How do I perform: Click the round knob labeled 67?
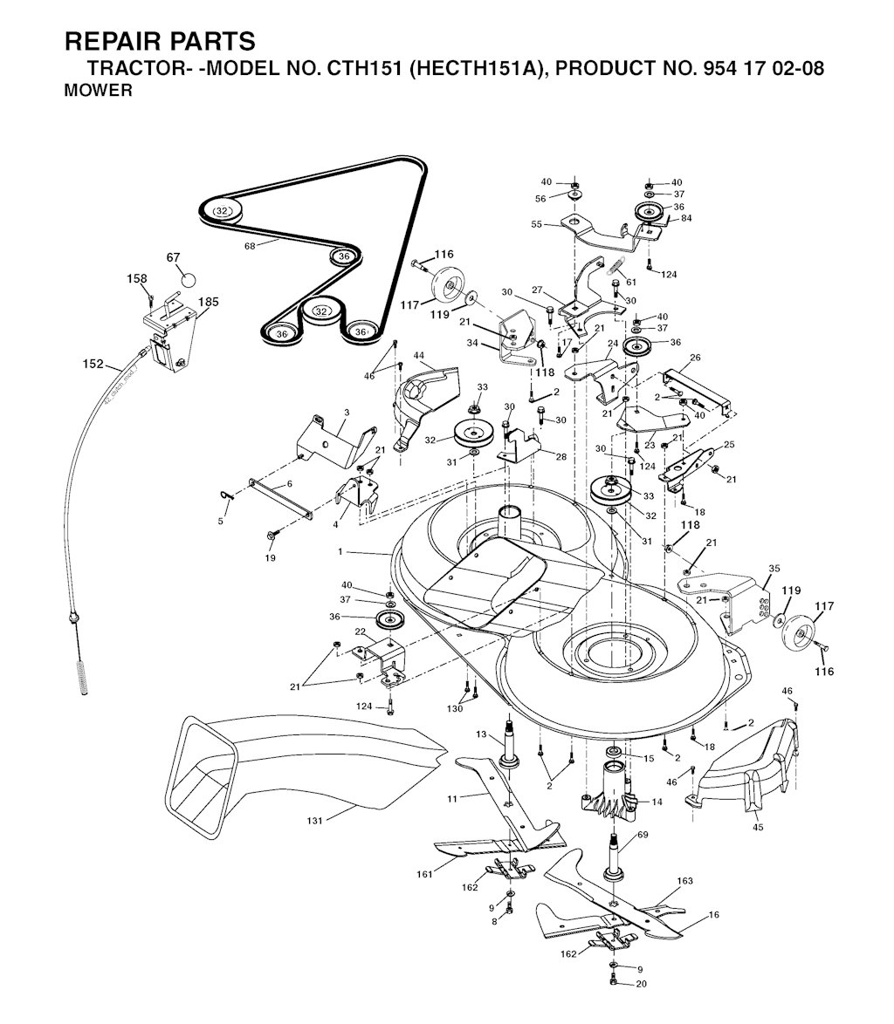pyautogui.click(x=189, y=280)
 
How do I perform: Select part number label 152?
pyautogui.click(x=93, y=364)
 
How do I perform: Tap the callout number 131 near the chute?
pyautogui.click(x=315, y=821)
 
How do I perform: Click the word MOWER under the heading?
pyautogui.click(x=99, y=90)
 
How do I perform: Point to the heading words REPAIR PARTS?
pyautogui.click(x=161, y=42)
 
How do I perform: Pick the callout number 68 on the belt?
pyautogui.click(x=250, y=246)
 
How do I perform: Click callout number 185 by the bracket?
pyautogui.click(x=208, y=303)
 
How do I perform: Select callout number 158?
pyautogui.click(x=137, y=279)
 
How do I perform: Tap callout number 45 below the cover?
pyautogui.click(x=757, y=827)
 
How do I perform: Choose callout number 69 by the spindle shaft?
pyautogui.click(x=643, y=836)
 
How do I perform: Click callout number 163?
pyautogui.click(x=684, y=881)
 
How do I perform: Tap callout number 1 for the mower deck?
pyautogui.click(x=340, y=551)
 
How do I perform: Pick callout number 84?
pyautogui.click(x=685, y=218)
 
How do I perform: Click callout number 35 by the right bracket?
pyautogui.click(x=773, y=569)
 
